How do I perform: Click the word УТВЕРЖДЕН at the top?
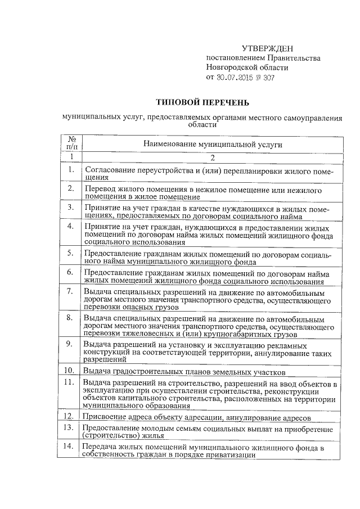coord(267,49)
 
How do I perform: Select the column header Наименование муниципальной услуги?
coord(212,144)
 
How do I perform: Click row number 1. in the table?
coord(71,169)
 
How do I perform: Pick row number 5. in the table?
coord(70,253)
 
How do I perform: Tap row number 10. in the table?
coord(70,370)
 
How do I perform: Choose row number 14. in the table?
coord(70,446)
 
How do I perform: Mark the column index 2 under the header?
coord(213,157)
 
